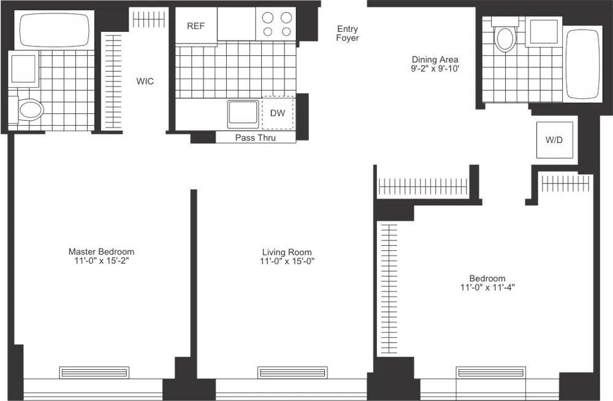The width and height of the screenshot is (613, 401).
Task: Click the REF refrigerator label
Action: click(196, 26)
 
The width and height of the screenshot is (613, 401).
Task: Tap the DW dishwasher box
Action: click(278, 113)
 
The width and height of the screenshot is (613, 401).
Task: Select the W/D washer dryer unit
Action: click(554, 140)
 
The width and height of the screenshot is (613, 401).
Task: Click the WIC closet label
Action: click(145, 82)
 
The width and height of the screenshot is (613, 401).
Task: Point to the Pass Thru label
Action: click(256, 138)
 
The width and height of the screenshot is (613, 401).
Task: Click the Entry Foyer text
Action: click(348, 33)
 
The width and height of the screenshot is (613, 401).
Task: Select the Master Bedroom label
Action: click(101, 251)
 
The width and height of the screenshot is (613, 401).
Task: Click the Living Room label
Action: click(287, 252)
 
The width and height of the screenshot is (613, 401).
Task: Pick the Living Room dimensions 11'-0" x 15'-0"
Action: click(287, 262)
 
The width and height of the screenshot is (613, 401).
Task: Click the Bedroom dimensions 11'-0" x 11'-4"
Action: click(487, 287)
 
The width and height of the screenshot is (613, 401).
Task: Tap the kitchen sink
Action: click(243, 114)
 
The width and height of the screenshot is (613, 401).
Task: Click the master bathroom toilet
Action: click(28, 110)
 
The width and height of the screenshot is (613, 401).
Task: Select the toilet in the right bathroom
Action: click(506, 37)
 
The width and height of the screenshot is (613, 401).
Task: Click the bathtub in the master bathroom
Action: click(55, 30)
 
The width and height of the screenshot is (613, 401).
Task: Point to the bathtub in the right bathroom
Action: click(582, 64)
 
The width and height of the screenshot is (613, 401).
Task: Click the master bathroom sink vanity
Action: click(23, 67)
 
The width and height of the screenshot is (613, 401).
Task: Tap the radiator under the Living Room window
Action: click(287, 372)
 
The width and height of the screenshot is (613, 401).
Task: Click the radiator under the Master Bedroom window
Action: click(94, 372)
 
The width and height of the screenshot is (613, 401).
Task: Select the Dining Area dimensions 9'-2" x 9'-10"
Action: click(435, 69)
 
